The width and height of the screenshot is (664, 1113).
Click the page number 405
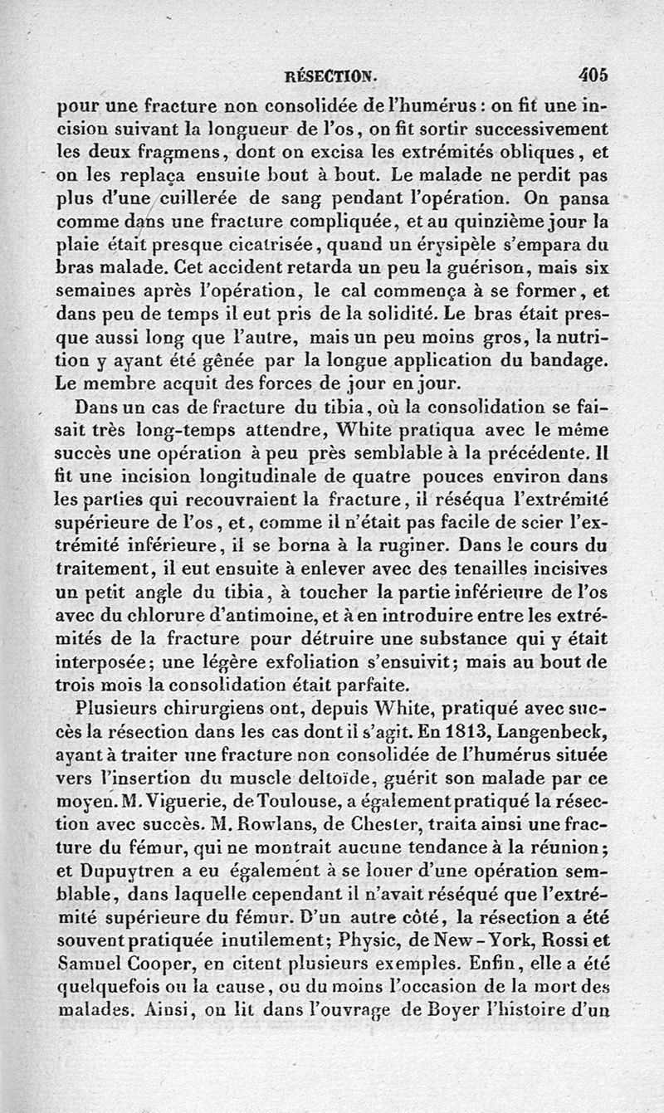click(593, 74)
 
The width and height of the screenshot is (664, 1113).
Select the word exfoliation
click(328, 662)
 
